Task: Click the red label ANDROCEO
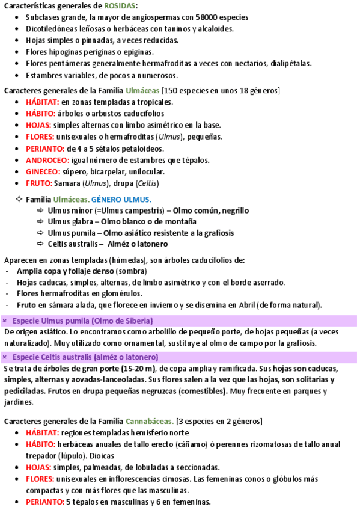pyautogui.click(x=47, y=160)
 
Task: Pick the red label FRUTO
pyautogui.click(x=39, y=183)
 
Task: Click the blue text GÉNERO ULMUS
pyautogui.click(x=121, y=199)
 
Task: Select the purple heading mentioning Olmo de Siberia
pyautogui.click(x=83, y=320)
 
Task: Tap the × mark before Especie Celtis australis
pyautogui.click(x=5, y=357)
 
